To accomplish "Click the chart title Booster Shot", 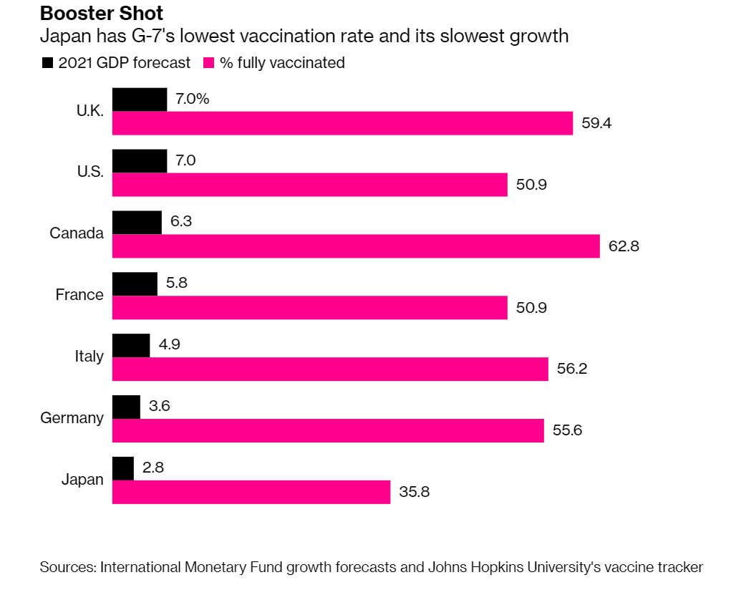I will tap(102, 13).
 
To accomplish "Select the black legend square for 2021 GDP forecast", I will tap(48, 63).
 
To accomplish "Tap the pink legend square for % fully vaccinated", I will tap(210, 63).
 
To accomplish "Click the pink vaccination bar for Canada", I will tap(356, 246).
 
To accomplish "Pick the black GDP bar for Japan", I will tap(123, 468).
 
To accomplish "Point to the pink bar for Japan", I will tap(251, 493).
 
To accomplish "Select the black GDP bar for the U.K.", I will tap(140, 100).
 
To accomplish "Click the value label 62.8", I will tap(624, 246).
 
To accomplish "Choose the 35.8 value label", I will tap(414, 493).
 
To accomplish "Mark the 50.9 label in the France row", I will tap(531, 308).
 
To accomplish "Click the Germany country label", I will tap(72, 418).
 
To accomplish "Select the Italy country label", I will tap(89, 357).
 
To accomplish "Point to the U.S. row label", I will tap(90, 172).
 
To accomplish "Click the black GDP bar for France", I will tap(135, 284).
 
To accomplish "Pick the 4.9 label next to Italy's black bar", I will tap(170, 345).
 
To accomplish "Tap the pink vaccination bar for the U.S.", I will tap(310, 185).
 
